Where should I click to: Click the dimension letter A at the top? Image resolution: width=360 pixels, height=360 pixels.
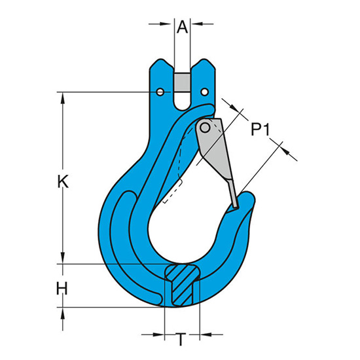pos(183,27)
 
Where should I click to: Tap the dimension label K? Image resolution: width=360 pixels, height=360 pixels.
pos(63,181)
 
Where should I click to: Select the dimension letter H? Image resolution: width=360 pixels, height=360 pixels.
pos(62,289)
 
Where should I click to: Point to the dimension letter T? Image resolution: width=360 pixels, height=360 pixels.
pos(181,339)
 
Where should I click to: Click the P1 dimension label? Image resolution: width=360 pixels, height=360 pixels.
pos(260,129)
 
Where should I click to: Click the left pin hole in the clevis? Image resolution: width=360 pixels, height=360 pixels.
pos(160,92)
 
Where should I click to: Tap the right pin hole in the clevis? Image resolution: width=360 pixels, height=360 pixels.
pos(205,92)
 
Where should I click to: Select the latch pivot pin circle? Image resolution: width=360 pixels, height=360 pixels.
pos(205,128)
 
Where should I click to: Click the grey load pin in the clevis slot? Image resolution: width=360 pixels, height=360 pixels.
pos(182,82)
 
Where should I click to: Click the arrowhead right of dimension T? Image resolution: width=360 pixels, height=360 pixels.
pos(206,334)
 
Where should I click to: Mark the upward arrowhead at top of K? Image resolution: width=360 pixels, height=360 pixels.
pos(63,98)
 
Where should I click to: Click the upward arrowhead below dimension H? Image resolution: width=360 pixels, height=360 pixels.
pos(63,313)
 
